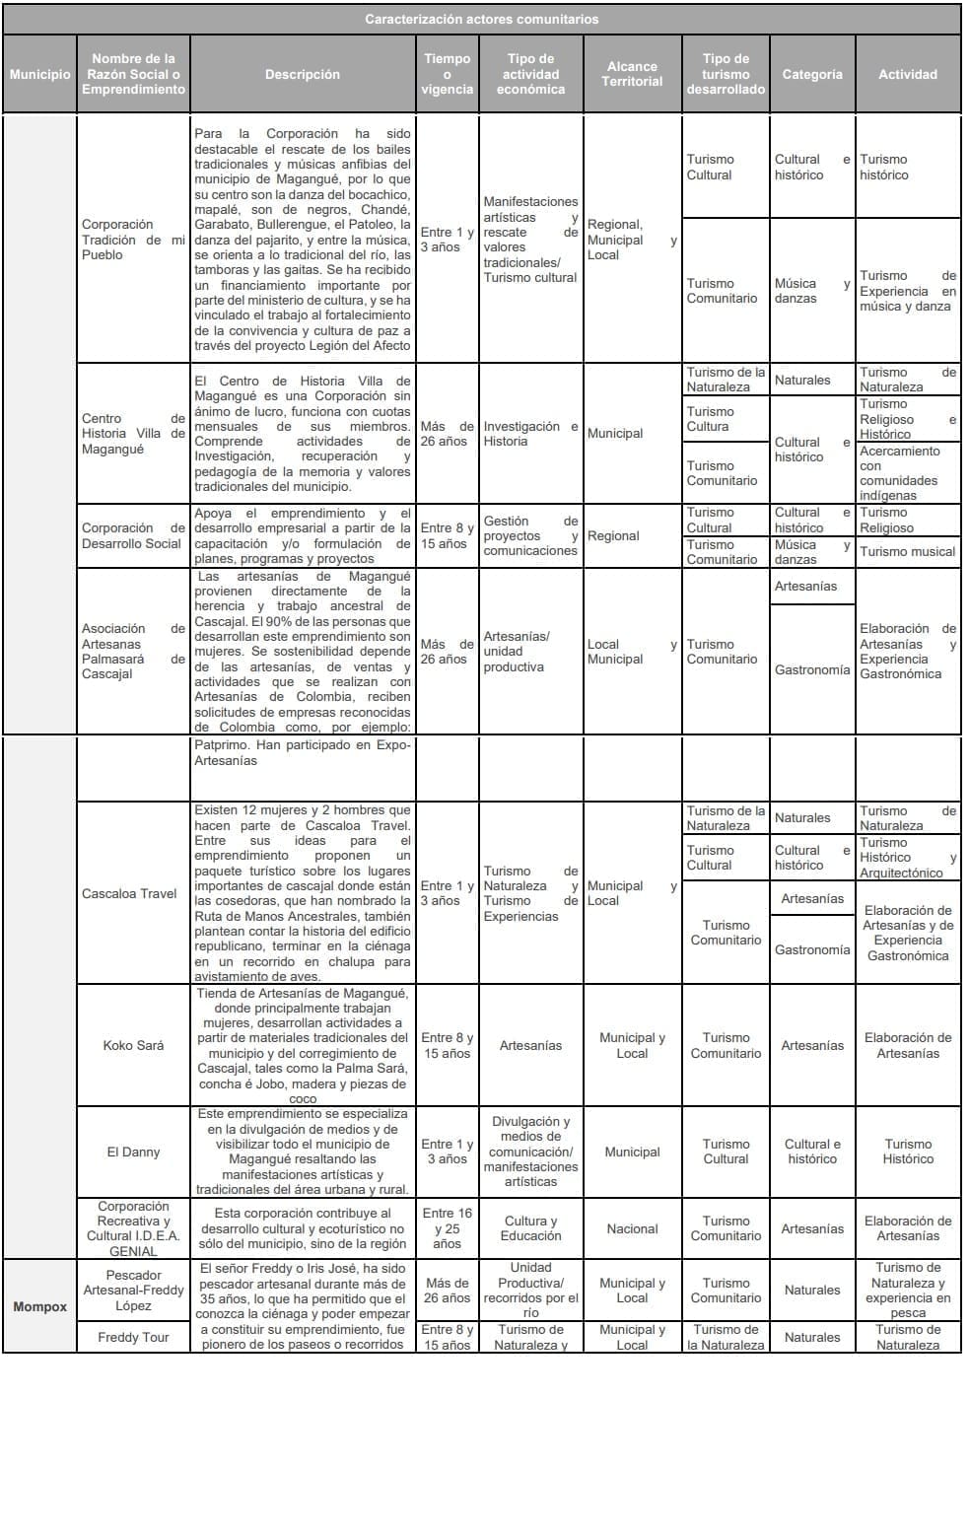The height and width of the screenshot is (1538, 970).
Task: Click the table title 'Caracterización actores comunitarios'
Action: (481, 19)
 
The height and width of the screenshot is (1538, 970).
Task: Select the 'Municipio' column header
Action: (39, 74)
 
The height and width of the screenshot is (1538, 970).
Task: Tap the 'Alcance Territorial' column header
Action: (632, 74)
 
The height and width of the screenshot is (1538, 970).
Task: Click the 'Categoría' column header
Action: (812, 74)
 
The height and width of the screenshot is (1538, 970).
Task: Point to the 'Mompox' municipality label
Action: (40, 1306)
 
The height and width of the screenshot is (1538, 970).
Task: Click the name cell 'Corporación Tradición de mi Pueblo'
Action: (133, 240)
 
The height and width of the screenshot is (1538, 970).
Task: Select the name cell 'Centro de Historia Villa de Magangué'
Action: (133, 434)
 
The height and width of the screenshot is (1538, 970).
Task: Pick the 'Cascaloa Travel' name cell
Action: (130, 893)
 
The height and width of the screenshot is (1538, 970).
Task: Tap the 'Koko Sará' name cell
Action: (133, 1045)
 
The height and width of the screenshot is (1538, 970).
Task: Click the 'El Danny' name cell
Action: (133, 1152)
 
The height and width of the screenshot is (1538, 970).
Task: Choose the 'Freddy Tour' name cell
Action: (133, 1337)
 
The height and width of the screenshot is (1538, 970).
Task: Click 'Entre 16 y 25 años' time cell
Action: (447, 1228)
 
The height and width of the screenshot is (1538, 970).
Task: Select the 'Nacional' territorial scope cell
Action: (632, 1228)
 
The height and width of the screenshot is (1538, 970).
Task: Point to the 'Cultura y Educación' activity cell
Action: (530, 1228)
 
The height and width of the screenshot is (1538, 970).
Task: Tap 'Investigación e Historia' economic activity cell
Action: (530, 434)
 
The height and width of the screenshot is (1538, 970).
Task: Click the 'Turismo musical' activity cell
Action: (907, 552)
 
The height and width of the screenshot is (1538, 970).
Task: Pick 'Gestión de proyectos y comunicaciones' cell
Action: (530, 536)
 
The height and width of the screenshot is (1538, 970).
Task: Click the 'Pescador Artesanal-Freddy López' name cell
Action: (133, 1290)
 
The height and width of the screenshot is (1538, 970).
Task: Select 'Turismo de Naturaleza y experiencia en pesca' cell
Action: (907, 1290)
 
